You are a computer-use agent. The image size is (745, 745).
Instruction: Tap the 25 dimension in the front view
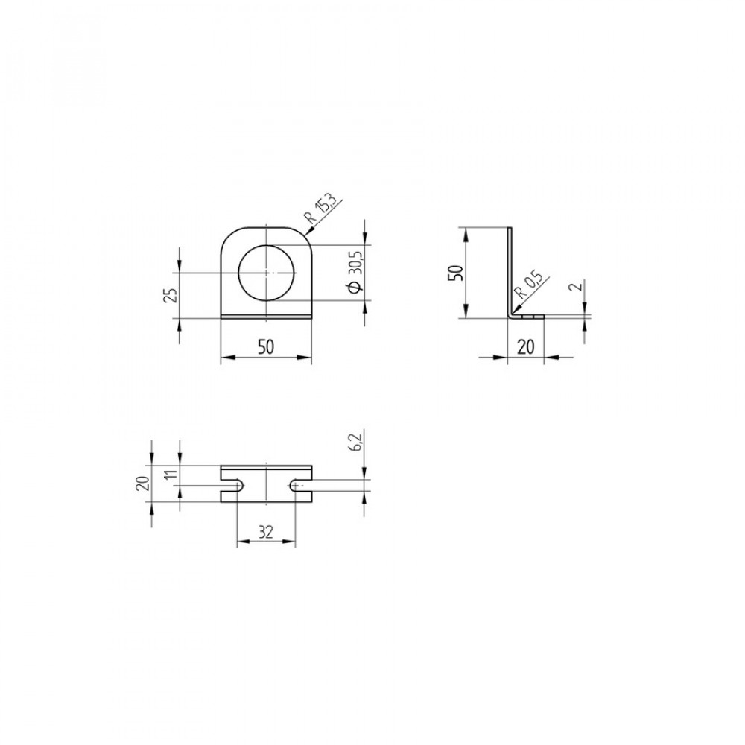pos(172,296)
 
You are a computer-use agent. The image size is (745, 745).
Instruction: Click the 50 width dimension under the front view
pos(266,347)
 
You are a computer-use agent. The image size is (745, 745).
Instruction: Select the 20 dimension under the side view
pos(525,347)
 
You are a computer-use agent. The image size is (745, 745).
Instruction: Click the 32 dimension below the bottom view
pos(266,533)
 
